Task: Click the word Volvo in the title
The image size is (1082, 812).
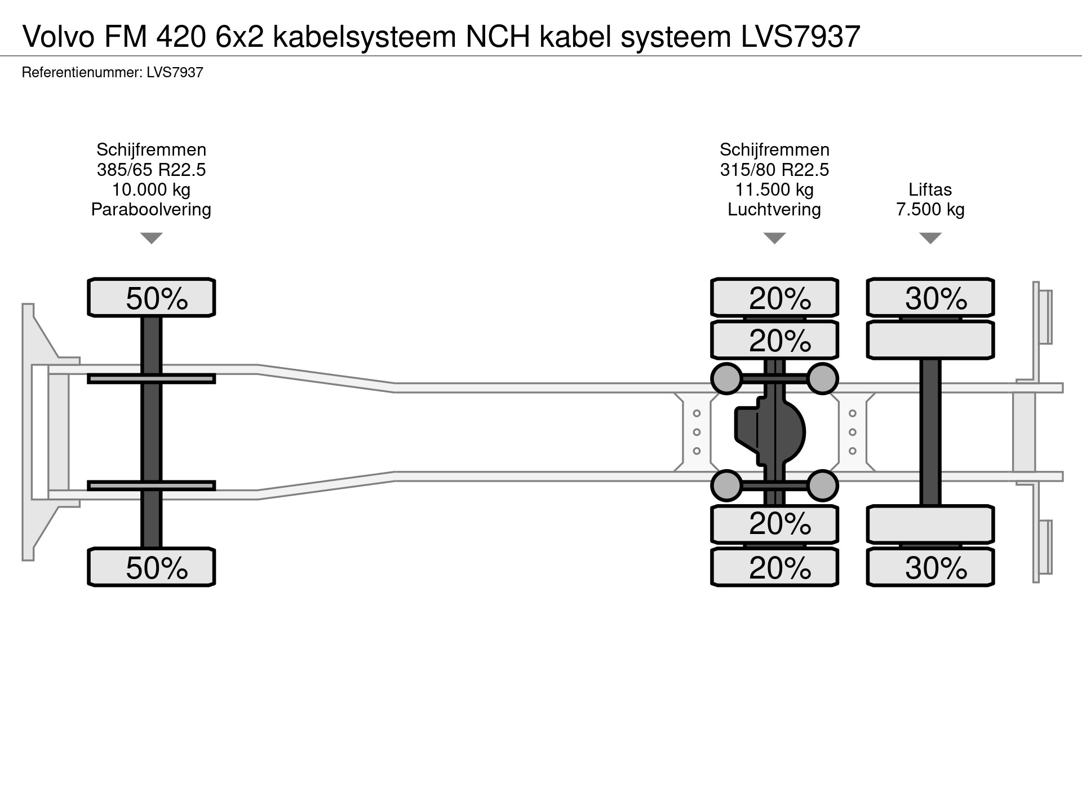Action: point(59,37)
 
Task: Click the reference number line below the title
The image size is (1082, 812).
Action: point(112,72)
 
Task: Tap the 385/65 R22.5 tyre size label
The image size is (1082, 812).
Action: point(151,170)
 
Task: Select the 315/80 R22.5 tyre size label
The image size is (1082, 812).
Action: point(774,170)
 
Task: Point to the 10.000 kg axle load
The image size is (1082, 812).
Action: point(151,189)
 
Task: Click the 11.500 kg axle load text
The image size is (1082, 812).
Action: point(774,189)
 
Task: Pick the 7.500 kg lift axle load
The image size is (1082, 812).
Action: point(930,209)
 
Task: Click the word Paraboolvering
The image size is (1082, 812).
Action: point(151,209)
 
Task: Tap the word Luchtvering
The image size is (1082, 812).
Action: point(774,209)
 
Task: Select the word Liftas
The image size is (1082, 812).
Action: point(930,189)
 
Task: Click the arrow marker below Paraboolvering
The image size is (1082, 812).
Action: point(151,238)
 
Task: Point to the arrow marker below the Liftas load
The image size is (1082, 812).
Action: point(930,238)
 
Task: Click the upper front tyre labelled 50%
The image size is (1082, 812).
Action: point(151,297)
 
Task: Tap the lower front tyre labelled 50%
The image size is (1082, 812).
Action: point(151,567)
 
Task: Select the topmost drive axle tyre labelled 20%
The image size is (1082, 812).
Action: point(774,297)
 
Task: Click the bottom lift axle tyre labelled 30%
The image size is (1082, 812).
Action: point(930,567)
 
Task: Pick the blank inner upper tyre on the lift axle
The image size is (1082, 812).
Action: point(930,340)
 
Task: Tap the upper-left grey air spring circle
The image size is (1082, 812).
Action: point(726,378)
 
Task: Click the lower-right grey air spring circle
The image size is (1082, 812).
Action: point(823,486)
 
